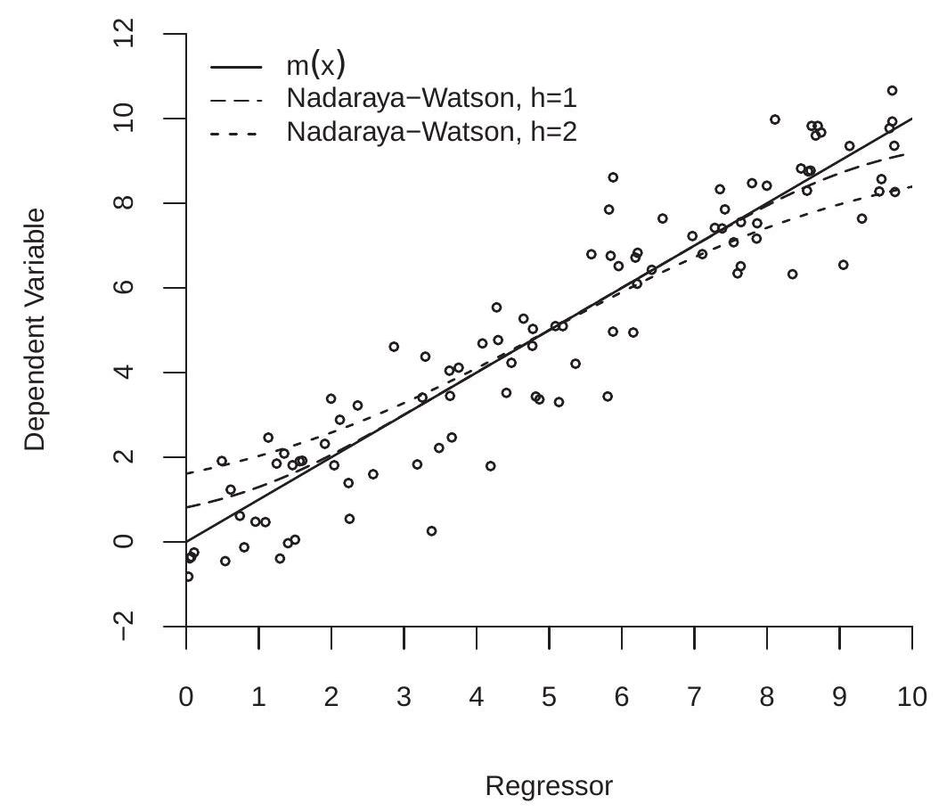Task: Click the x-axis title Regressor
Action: (x=549, y=786)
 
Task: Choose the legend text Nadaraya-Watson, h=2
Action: (x=432, y=133)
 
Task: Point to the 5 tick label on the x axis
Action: (x=549, y=696)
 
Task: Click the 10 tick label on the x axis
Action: (x=911, y=696)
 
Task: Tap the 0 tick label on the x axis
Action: (x=186, y=696)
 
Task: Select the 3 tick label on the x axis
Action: (x=404, y=696)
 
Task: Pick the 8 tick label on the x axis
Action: (x=767, y=696)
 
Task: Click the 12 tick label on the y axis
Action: (x=127, y=34)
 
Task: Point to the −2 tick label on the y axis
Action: (x=127, y=626)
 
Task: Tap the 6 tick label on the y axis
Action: (x=127, y=288)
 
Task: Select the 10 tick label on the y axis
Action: (x=127, y=119)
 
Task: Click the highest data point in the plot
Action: (x=892, y=90)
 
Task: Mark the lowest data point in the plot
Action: (x=188, y=577)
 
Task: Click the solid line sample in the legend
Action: (x=236, y=66)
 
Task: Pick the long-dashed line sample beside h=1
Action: (x=236, y=99)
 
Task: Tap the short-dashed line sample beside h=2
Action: (x=236, y=133)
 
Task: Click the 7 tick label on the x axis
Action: (x=694, y=696)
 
